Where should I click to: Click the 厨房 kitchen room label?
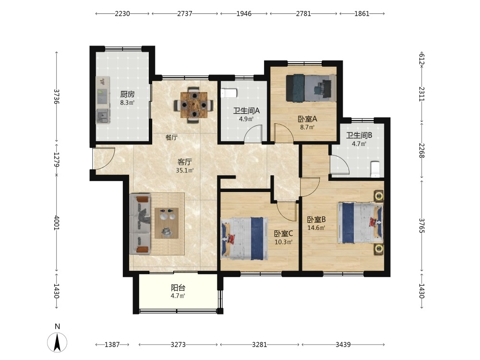[127, 94]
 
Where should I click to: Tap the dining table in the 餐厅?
[194, 105]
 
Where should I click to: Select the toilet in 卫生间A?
[229, 93]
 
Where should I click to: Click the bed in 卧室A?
[311, 88]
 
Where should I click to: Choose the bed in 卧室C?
[245, 239]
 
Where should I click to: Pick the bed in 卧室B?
[360, 223]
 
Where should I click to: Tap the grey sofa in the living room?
[140, 224]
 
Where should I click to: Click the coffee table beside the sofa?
[167, 223]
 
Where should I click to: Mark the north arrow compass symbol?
[57, 342]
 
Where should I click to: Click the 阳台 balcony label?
[178, 288]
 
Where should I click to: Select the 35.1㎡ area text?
[185, 170]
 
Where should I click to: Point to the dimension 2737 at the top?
[185, 14]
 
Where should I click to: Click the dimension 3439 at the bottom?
[343, 345]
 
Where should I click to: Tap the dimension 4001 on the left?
[57, 223]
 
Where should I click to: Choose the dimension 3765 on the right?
[421, 226]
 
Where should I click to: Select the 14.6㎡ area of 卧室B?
[316, 228]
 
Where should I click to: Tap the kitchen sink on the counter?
[103, 116]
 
